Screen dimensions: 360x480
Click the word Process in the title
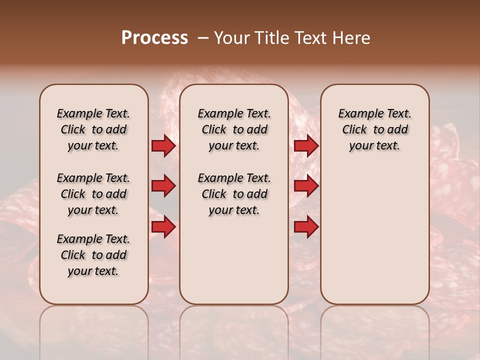click(x=154, y=38)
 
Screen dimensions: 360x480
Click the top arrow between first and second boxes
click(x=163, y=146)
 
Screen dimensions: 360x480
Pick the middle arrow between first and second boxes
click(x=163, y=186)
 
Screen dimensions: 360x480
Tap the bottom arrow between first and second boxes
click(x=163, y=227)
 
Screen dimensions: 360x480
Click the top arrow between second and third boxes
click(x=306, y=146)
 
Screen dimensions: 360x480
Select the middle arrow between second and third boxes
click(x=306, y=186)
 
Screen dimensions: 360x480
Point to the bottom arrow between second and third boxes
click(x=306, y=227)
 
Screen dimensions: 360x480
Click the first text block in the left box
click(x=93, y=129)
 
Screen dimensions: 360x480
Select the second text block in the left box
click(x=93, y=194)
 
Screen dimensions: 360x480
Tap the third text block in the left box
click(x=93, y=255)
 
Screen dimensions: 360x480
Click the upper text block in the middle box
click(x=234, y=129)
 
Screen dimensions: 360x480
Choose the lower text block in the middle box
click(x=234, y=194)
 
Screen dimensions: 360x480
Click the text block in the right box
click(x=375, y=129)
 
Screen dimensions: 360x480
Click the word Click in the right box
click(x=354, y=129)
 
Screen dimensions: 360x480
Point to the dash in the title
click(x=203, y=38)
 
